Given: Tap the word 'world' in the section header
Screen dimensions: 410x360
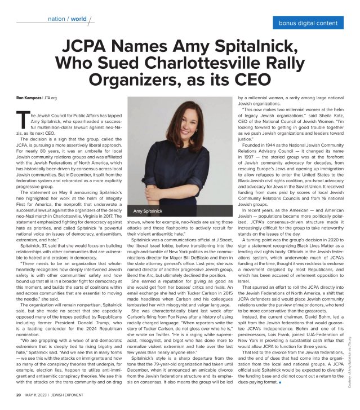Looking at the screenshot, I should tap(79, 19).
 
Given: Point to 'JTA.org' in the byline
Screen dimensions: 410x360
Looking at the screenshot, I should tap(50, 98).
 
